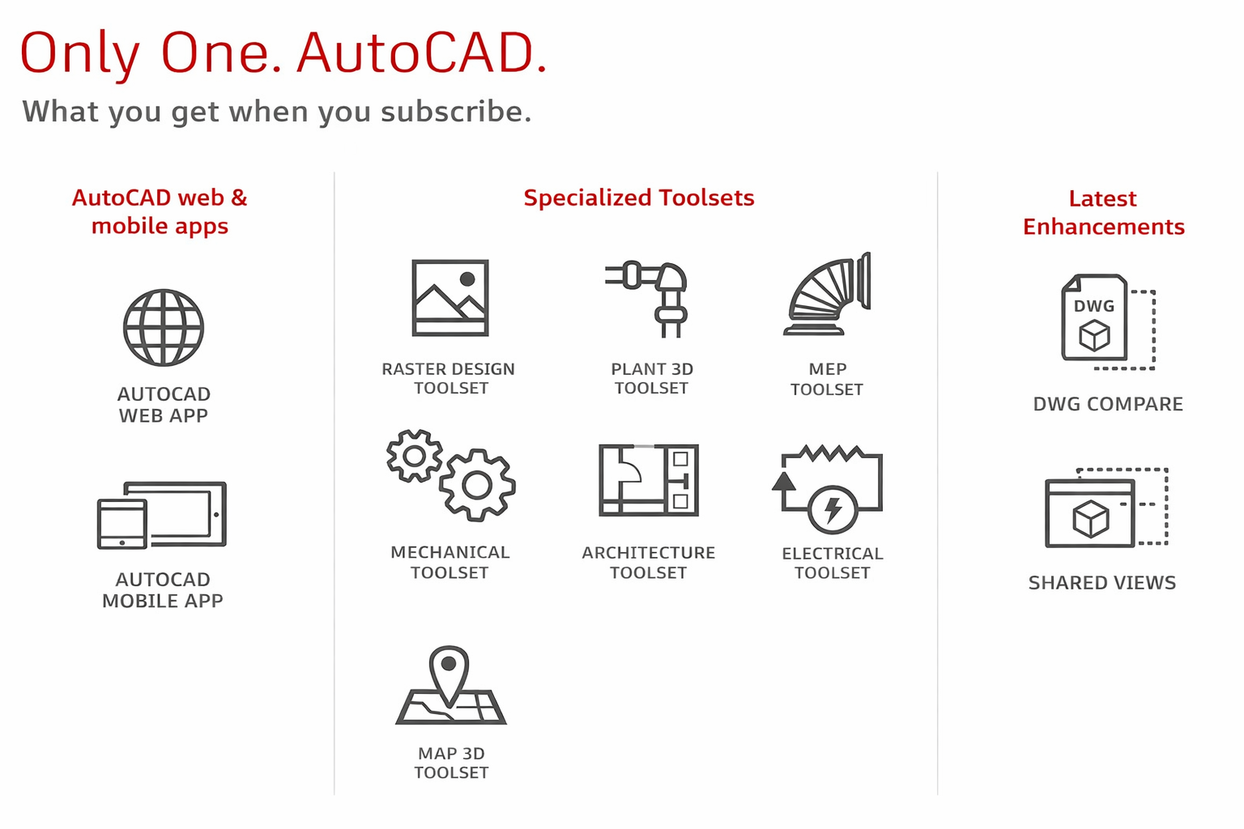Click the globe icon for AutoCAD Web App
164,328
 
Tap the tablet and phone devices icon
162,515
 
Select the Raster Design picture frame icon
449,298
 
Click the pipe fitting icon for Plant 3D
647,298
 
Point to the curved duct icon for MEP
828,295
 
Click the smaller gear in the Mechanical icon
415,456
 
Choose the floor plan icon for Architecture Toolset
649,480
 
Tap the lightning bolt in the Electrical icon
833,510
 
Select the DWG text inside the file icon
1094,306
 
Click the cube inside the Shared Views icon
1091,519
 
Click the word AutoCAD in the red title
422,53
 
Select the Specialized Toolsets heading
639,198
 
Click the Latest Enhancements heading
1104,213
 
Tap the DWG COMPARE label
1108,404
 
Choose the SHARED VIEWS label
1102,582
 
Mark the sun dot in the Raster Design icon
467,278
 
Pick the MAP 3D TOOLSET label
451,763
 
